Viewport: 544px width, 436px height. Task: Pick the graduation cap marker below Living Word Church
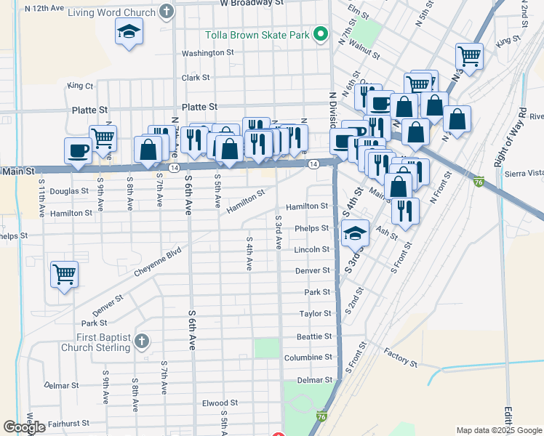point(129,32)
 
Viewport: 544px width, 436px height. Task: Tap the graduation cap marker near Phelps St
point(354,233)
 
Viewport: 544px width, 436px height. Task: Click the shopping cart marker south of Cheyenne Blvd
point(64,275)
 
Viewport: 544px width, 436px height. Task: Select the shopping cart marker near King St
point(470,55)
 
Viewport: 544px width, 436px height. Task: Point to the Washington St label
point(207,53)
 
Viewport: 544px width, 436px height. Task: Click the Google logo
point(25,427)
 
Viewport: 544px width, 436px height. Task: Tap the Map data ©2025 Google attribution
point(499,430)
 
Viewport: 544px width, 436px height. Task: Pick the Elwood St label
point(220,403)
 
